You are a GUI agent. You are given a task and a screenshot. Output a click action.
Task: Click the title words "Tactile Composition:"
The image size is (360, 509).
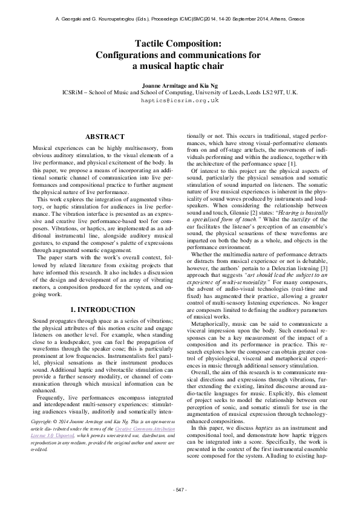pos(180,44)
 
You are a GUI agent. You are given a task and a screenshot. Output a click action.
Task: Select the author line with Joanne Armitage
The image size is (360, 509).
pos(180,85)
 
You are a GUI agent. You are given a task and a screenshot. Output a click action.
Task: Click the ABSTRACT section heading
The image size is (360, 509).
pos(105,137)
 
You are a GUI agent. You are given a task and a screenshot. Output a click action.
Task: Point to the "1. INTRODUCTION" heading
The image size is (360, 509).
pos(105,276)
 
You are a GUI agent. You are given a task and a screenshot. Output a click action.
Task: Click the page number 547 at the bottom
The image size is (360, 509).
pos(180,488)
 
